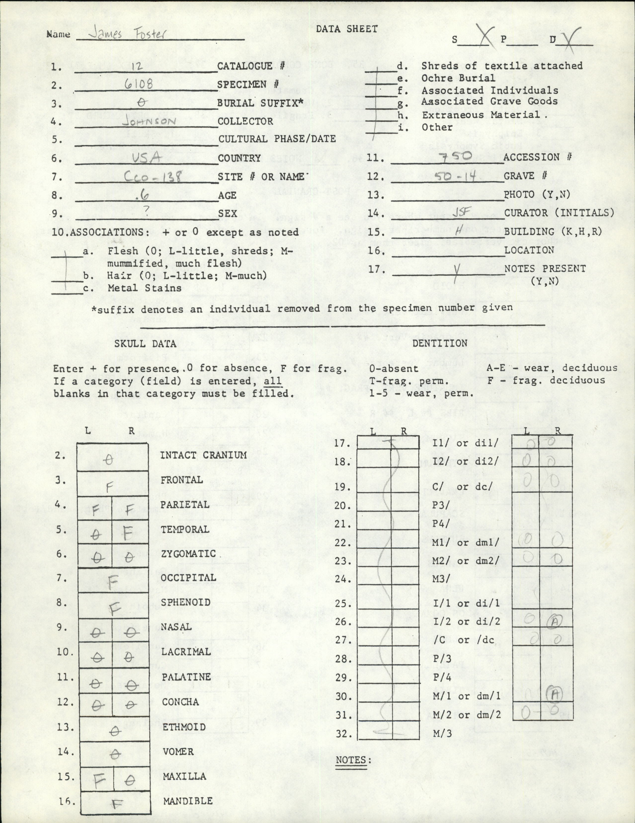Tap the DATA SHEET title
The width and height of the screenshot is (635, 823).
[x=347, y=29]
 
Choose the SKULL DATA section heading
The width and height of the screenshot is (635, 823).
[x=145, y=343]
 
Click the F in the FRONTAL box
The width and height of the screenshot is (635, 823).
[x=110, y=488]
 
